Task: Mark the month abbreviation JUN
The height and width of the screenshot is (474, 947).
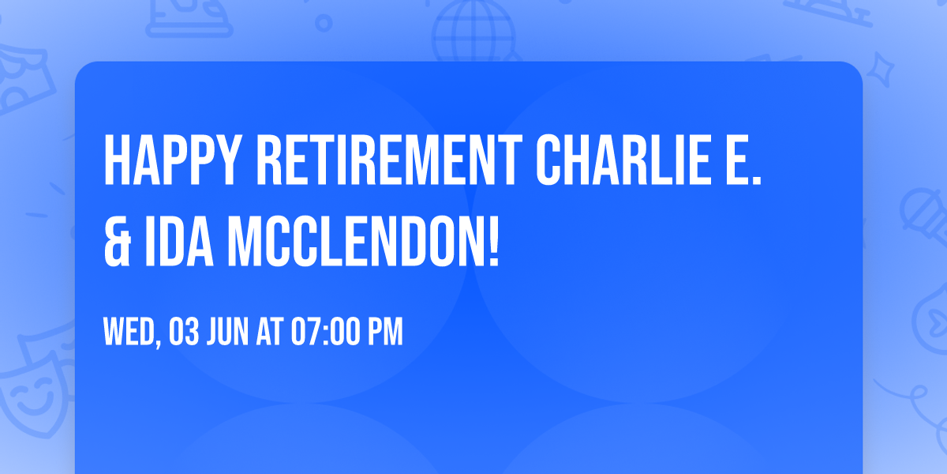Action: pyautogui.click(x=230, y=333)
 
